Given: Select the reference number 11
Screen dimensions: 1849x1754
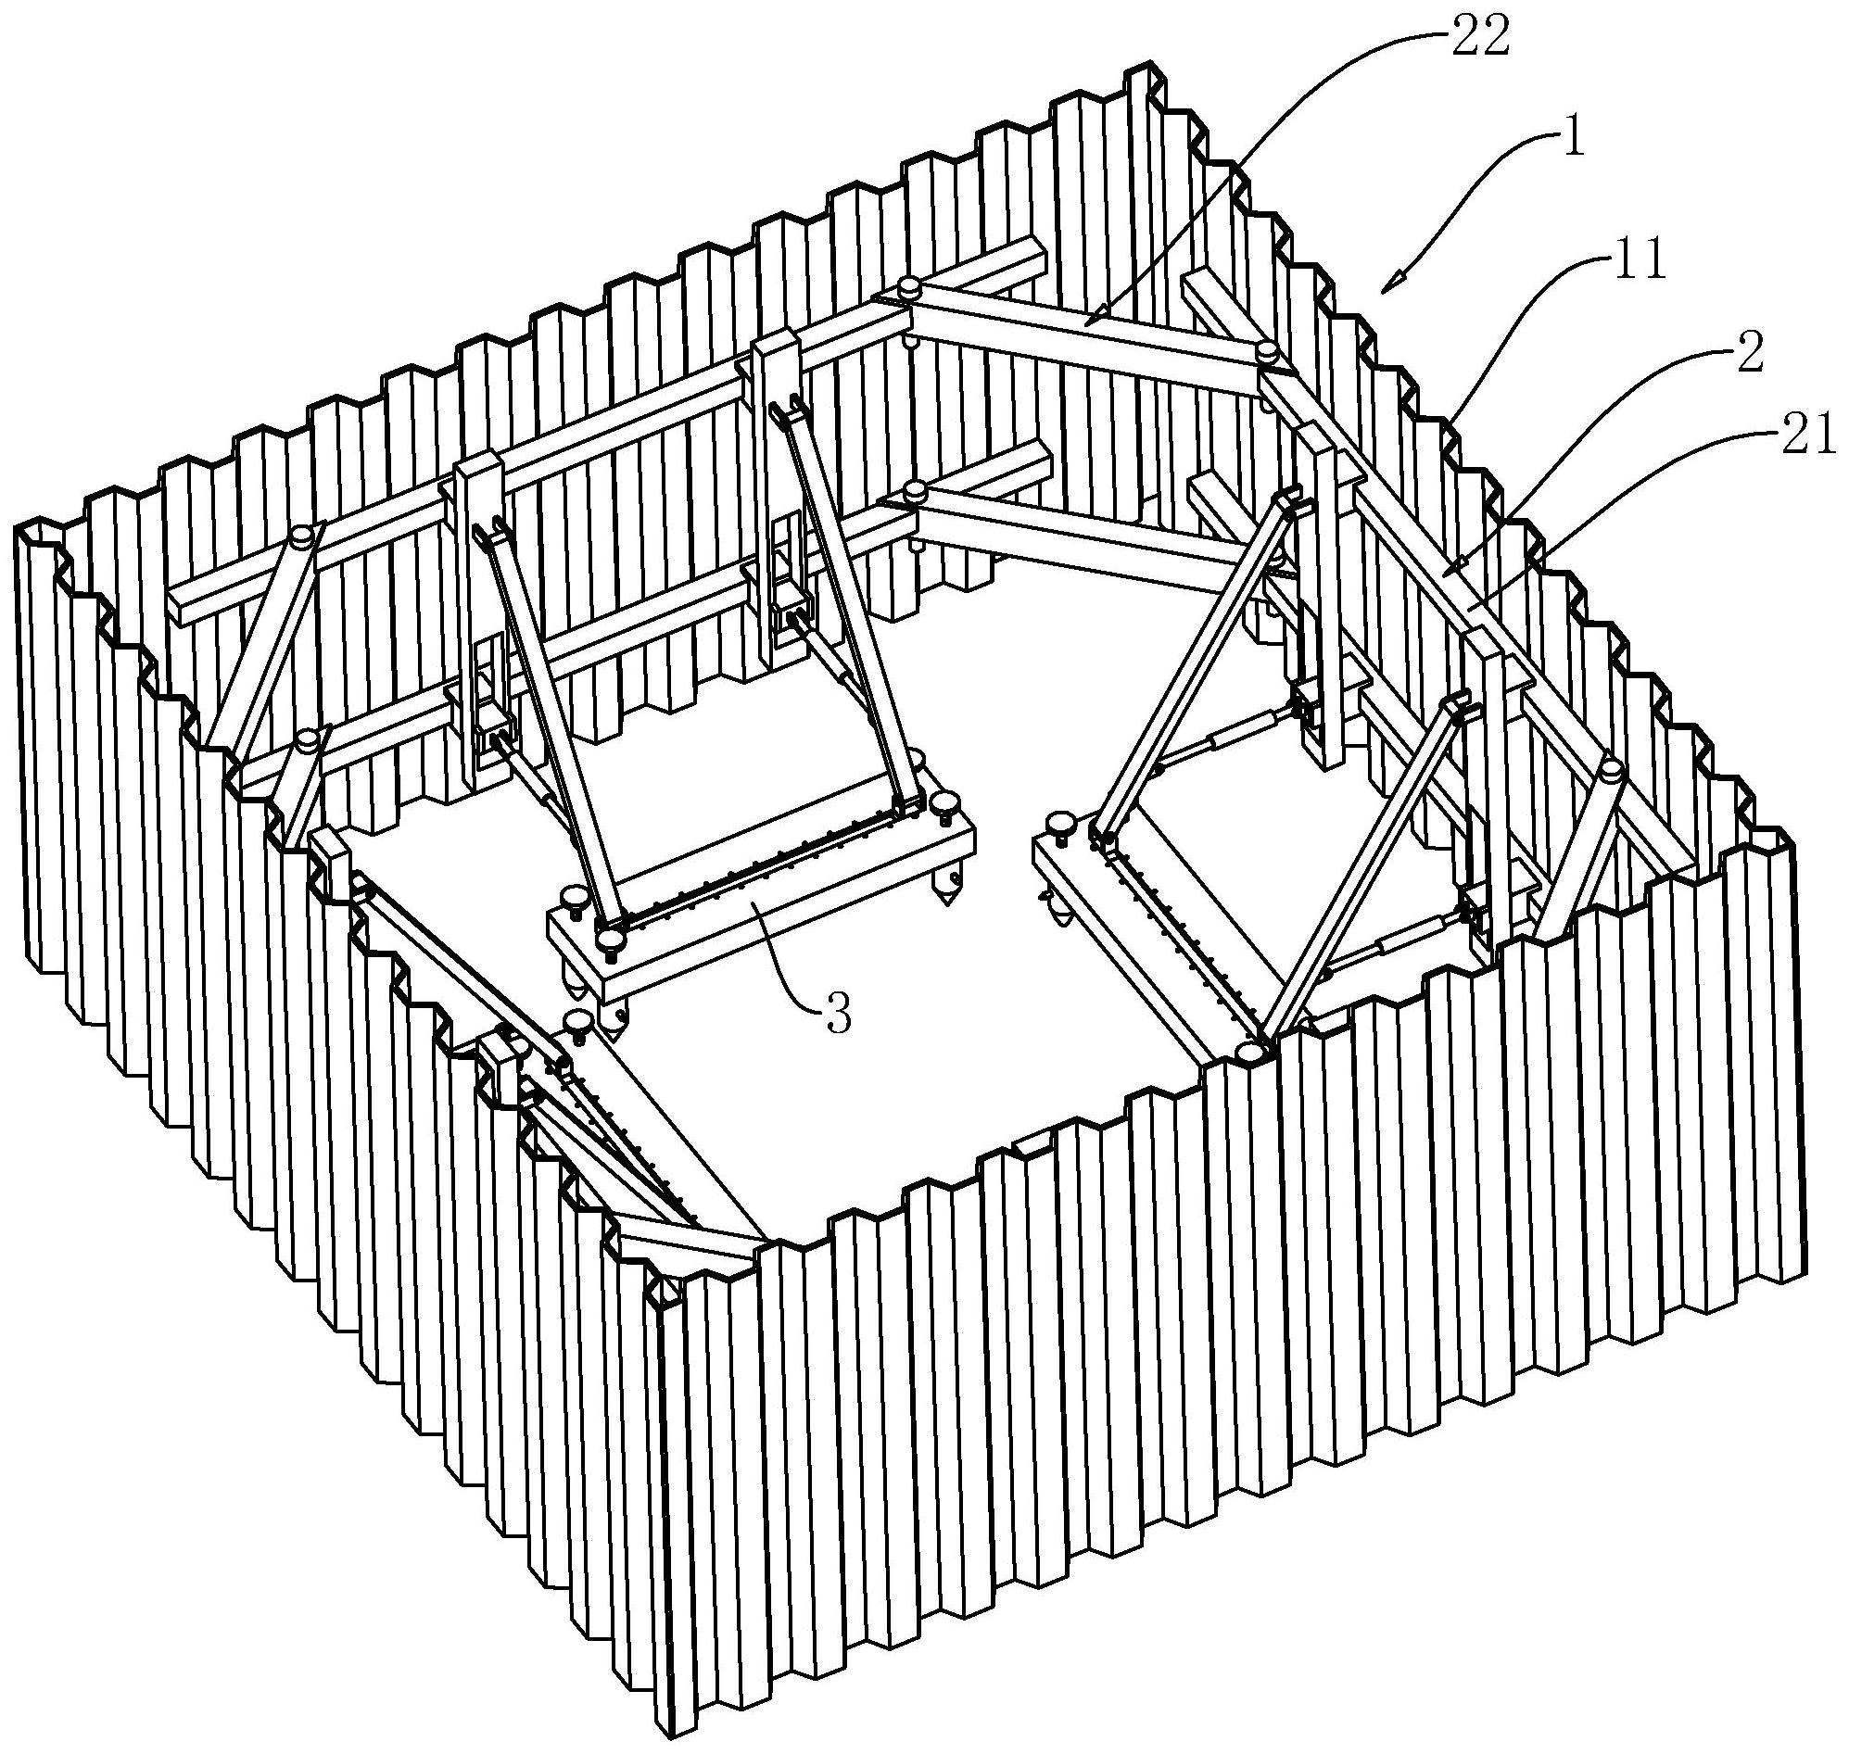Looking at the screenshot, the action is tap(1640, 265).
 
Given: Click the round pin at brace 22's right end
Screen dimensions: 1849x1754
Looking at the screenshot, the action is tap(1267, 353).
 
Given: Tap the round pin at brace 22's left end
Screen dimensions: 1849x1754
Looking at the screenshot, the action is tap(908, 288).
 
